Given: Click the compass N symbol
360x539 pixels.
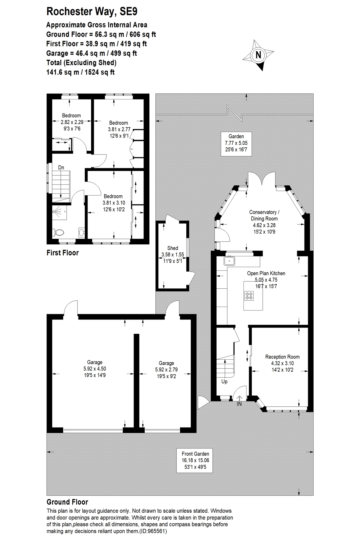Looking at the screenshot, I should [258, 55].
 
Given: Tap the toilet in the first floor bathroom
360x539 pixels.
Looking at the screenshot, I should [59, 232].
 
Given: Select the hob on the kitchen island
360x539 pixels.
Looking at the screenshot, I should [249, 296].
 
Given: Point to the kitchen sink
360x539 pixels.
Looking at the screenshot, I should [230, 261].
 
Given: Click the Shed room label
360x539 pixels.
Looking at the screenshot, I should [173, 248].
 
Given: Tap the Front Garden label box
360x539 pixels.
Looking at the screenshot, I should [195, 460].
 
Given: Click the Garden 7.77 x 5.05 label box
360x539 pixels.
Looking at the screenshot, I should [236, 143].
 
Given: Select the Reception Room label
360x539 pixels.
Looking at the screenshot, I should [282, 357].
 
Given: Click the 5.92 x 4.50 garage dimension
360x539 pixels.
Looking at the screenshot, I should [95, 369].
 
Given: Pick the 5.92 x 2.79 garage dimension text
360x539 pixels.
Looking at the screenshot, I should [166, 370].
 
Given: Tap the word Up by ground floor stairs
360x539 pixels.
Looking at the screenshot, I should [224, 381].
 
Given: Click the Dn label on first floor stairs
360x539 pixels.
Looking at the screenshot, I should [61, 168].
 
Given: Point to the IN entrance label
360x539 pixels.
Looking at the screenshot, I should [239, 404].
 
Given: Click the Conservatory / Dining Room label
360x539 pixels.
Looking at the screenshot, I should [264, 215].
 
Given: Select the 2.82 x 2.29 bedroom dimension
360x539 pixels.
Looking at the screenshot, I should [72, 122].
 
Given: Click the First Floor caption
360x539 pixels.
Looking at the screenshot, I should [63, 253].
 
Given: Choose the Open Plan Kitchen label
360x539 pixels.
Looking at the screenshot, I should [266, 273].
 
